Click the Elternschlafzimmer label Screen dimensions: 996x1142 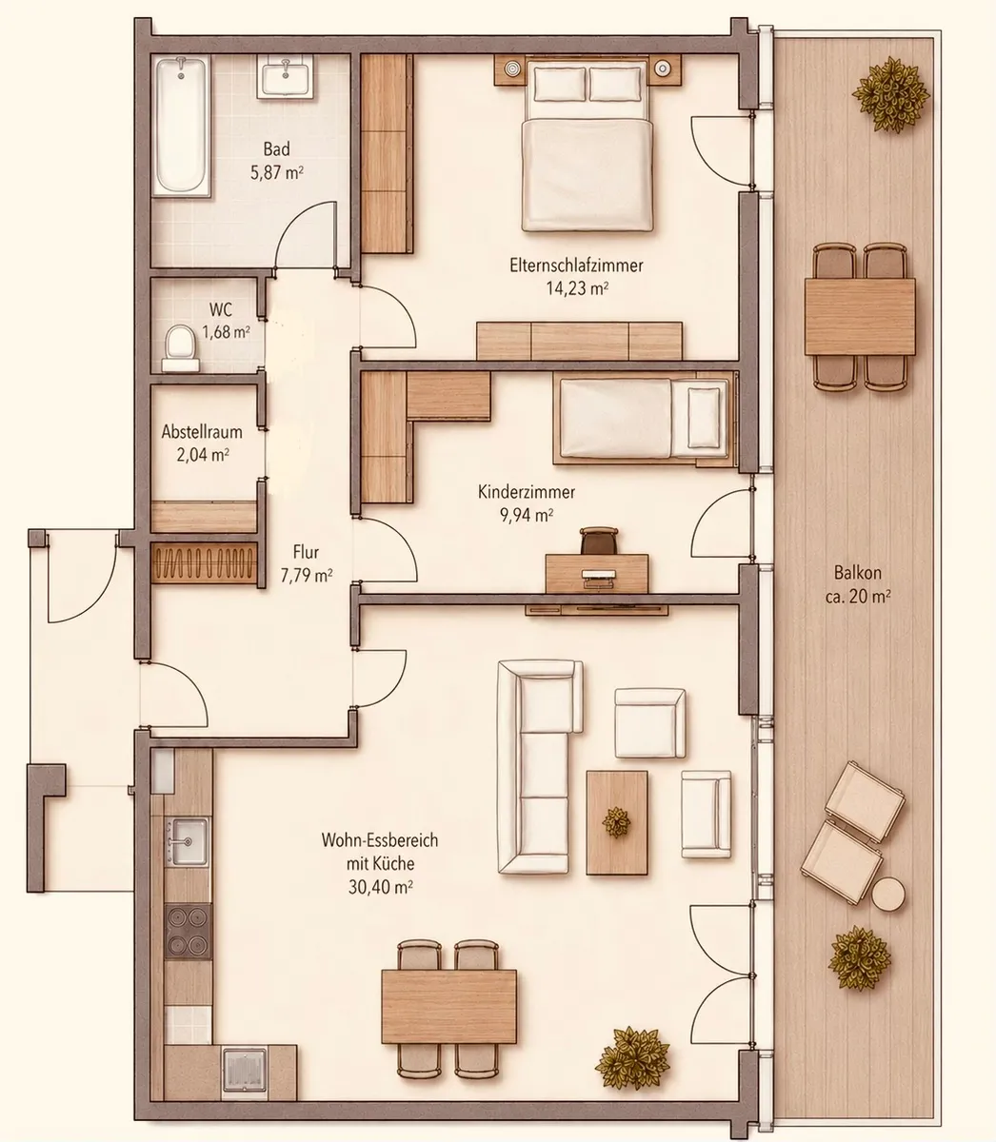click(576, 266)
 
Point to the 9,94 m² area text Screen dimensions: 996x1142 click(527, 516)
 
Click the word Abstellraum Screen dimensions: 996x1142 click(202, 432)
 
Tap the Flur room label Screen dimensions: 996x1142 click(306, 553)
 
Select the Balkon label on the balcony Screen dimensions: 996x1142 click(858, 573)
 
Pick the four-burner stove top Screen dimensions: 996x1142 click(189, 931)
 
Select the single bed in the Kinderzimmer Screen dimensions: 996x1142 click(645, 418)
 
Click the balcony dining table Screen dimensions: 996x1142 click(860, 317)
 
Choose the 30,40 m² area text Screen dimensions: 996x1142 click(381, 887)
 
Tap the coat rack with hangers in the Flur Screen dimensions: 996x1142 click(204, 563)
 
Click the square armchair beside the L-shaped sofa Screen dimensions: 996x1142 click(649, 723)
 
